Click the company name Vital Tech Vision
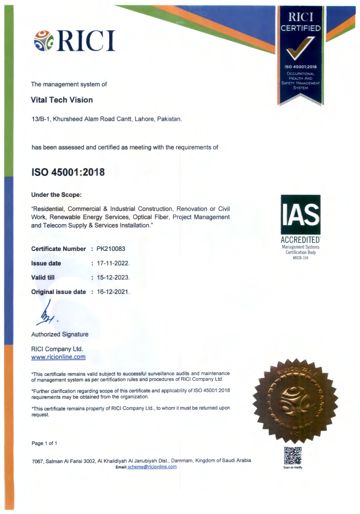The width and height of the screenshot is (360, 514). click(62, 100)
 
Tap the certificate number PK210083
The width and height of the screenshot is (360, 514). click(111, 249)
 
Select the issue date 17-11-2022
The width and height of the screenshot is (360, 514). click(113, 263)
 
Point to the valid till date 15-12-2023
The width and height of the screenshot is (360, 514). click(113, 277)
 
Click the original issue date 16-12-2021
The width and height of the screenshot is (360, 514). click(113, 292)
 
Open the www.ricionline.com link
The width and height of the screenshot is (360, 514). click(58, 357)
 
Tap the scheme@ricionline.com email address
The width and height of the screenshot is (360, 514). click(152, 467)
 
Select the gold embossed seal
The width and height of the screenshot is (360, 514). click(295, 400)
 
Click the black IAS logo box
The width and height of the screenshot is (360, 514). click(300, 214)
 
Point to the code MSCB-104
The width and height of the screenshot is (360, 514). click(300, 258)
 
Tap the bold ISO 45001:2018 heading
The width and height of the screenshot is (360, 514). click(68, 172)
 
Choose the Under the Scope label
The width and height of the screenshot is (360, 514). click(56, 195)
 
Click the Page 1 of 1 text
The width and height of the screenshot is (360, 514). click(44, 443)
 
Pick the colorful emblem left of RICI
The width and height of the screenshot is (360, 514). click(44, 41)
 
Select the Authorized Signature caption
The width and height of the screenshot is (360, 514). click(60, 335)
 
